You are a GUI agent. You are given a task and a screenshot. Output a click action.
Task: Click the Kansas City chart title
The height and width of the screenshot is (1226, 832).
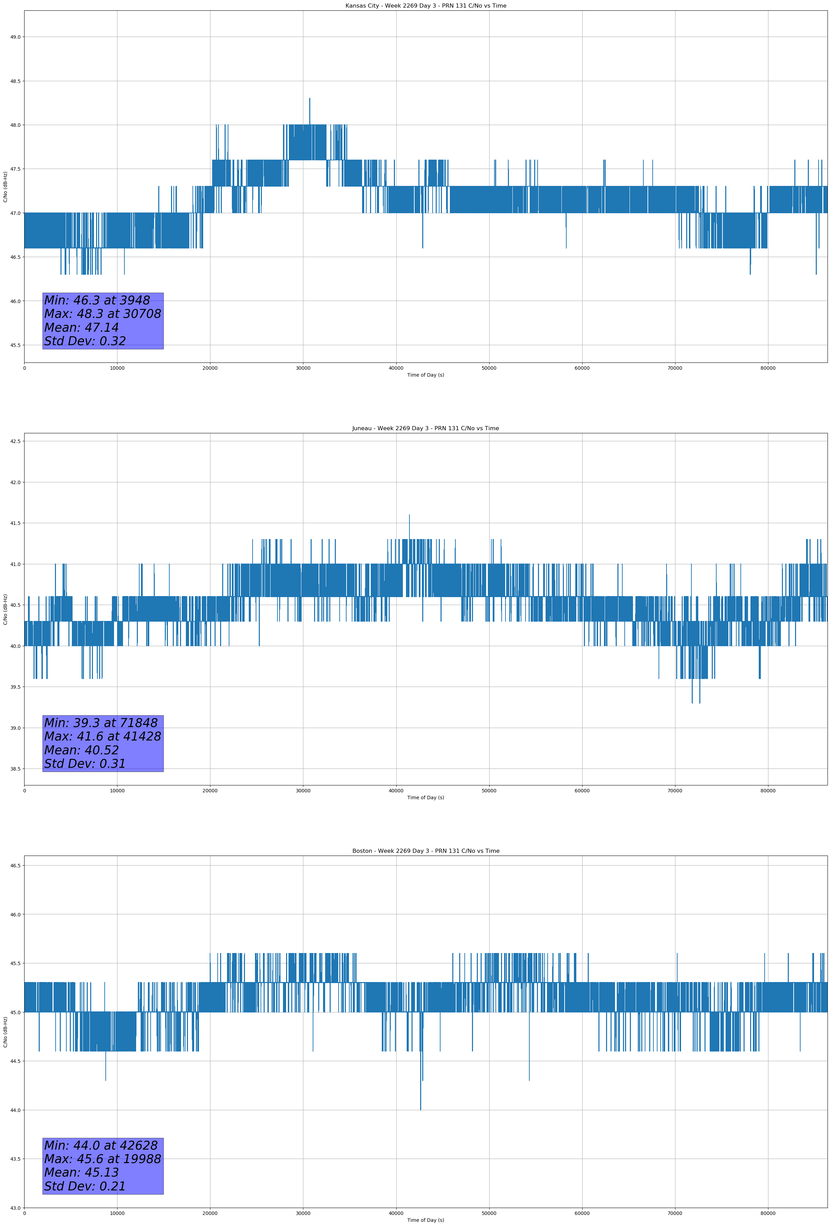[x=425, y=6]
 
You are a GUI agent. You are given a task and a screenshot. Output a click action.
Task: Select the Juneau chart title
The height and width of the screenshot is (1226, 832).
[x=425, y=428]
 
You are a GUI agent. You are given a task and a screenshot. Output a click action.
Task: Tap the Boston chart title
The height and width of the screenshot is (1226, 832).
[x=425, y=851]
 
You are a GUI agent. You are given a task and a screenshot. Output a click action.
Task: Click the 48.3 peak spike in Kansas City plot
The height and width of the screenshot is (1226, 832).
[x=310, y=99]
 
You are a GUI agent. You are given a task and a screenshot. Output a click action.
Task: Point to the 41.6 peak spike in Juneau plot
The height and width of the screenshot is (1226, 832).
[x=409, y=516]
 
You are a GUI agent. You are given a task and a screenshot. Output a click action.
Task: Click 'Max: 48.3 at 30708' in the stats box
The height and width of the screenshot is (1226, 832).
[x=102, y=314]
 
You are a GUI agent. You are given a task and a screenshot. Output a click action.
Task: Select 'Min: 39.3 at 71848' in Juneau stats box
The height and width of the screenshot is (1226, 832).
[x=101, y=723]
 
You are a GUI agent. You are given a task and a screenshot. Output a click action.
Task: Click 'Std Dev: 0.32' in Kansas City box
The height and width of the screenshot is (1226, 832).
[x=85, y=341]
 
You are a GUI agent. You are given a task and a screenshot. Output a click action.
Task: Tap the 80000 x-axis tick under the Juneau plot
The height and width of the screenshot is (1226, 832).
[x=768, y=791]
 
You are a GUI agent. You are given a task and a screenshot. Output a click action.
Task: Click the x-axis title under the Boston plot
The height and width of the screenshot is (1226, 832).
[x=425, y=1220]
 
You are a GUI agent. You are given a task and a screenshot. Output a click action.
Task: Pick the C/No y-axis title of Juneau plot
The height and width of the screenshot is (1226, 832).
[x=5, y=609]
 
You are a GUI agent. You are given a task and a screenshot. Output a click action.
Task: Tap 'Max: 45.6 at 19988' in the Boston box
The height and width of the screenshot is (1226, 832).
[x=102, y=1159]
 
